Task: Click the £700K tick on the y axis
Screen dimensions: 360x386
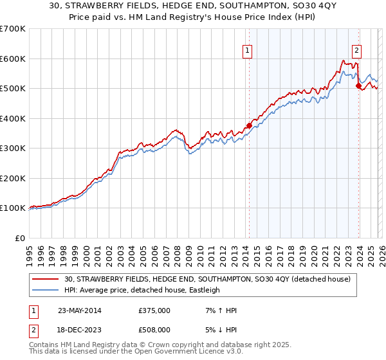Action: click(13, 29)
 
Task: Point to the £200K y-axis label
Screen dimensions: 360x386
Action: click(13, 178)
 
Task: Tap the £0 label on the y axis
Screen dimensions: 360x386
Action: click(20, 238)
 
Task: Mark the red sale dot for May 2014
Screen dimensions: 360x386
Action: click(248, 126)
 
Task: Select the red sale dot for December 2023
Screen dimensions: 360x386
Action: click(358, 86)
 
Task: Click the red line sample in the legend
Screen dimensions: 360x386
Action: click(46, 279)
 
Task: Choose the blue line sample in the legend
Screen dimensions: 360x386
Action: click(46, 290)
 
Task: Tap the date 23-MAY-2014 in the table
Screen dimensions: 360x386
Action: click(73, 310)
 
